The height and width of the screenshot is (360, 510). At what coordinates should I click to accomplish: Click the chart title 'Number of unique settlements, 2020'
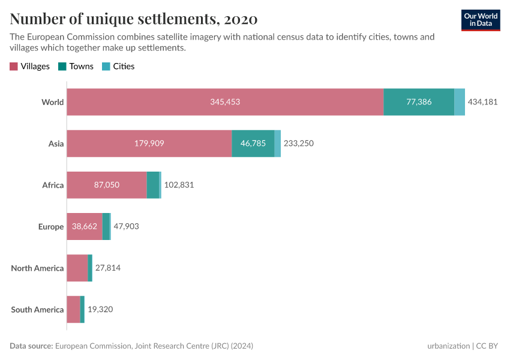tap(134, 19)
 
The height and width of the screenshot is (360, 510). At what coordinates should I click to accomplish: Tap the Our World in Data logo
tap(481, 20)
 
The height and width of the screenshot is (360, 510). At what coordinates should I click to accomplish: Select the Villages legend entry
tap(30, 67)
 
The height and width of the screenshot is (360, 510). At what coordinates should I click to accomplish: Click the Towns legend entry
tap(76, 67)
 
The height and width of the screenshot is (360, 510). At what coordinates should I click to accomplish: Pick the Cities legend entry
tap(118, 67)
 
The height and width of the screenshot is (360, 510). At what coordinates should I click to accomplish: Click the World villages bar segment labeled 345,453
tap(225, 102)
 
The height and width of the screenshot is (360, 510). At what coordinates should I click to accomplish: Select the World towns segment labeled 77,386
tap(419, 102)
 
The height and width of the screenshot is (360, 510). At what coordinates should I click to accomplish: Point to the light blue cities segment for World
tap(460, 102)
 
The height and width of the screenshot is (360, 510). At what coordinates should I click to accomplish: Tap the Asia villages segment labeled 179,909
tap(149, 143)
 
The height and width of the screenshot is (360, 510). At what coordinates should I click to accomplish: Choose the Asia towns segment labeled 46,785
tap(253, 143)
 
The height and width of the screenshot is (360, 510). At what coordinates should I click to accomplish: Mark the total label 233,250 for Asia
tap(298, 143)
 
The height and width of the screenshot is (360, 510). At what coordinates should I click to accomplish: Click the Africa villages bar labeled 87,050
tap(106, 185)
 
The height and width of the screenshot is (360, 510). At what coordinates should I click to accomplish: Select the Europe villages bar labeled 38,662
tap(85, 226)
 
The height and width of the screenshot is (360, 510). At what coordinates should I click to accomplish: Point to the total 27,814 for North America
tap(108, 268)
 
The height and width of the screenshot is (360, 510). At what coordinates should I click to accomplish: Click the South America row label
tap(37, 310)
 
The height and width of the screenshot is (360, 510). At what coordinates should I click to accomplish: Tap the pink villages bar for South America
tap(73, 309)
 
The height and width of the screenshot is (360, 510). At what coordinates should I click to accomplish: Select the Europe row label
tap(51, 227)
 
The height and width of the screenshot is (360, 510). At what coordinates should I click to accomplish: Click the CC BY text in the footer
tap(488, 346)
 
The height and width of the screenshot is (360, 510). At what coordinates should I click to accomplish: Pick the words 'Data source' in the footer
tap(31, 346)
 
